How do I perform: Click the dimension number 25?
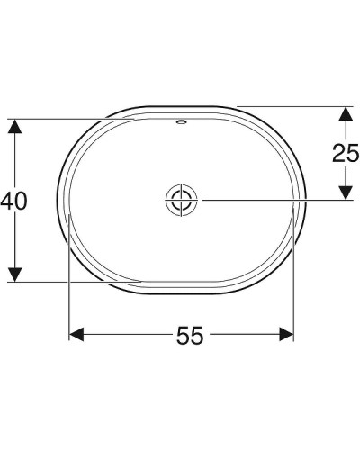pyautogui.click(x=345, y=154)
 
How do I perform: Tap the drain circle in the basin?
pyautogui.click(x=181, y=200)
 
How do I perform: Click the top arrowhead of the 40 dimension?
pyautogui.click(x=13, y=127)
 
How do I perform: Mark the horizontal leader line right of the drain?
pyautogui.click(x=270, y=200)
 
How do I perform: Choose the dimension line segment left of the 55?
pyautogui.click(x=126, y=335)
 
